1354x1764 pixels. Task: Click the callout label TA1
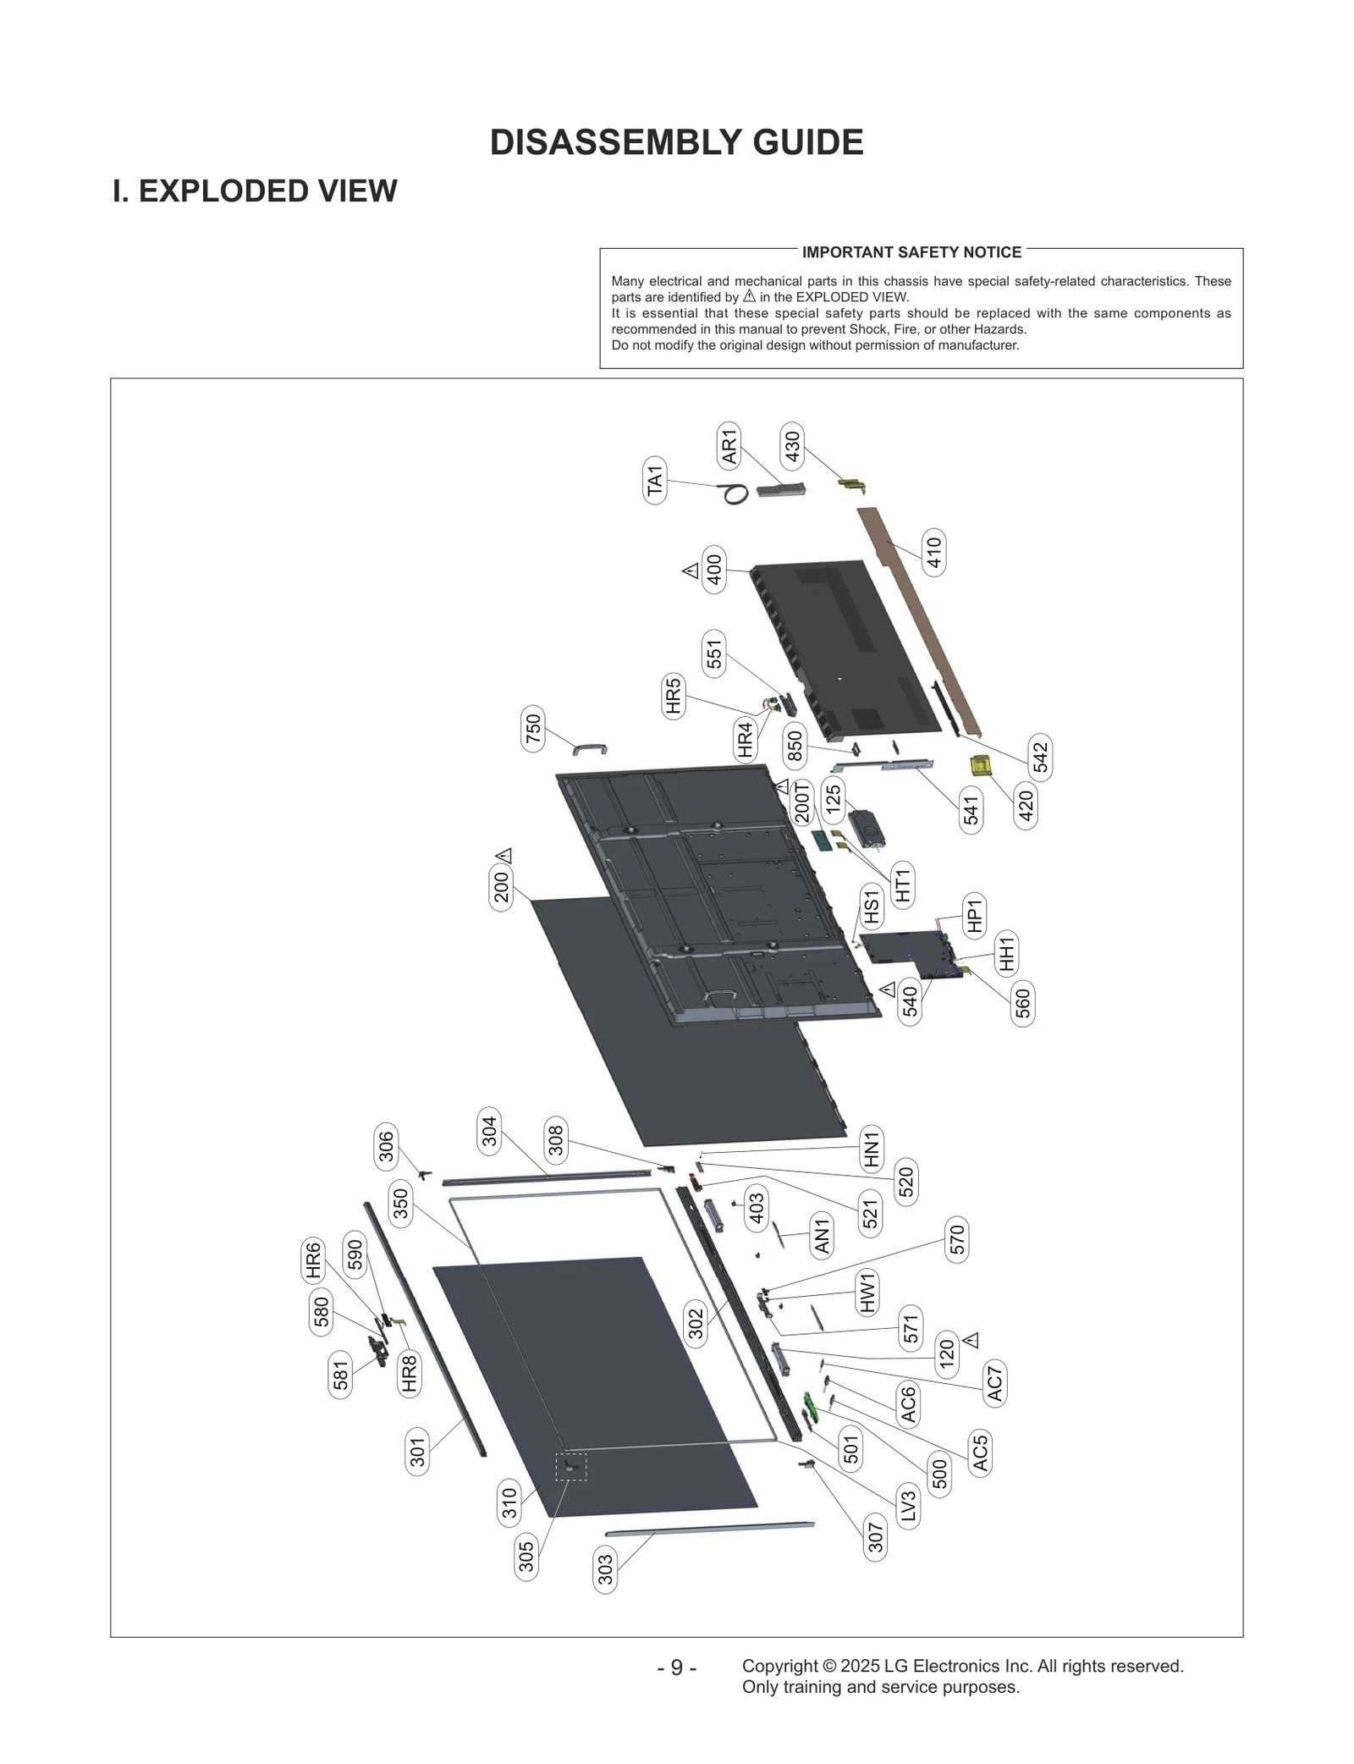[x=655, y=481]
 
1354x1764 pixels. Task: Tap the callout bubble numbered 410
[x=933, y=554]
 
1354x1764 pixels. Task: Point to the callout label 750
[x=533, y=728]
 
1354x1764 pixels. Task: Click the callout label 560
[x=1023, y=1003]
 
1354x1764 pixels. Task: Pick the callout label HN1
[x=871, y=1149]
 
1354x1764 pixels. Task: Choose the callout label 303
[x=605, y=1570]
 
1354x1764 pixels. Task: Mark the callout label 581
[x=340, y=1375]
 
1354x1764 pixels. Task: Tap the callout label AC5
[x=980, y=1453]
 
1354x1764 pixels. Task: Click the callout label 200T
[x=802, y=802]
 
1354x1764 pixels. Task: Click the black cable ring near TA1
[x=735, y=494]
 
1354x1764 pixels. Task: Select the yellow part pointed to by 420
[x=981, y=765]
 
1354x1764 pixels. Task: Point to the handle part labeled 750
[x=590, y=747]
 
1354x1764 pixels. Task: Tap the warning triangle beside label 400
[x=691, y=571]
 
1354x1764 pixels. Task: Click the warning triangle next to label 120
[x=971, y=1340]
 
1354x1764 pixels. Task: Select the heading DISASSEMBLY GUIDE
[x=676, y=142]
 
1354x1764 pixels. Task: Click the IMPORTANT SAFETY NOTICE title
[x=911, y=252]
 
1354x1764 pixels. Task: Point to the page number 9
[x=676, y=1668]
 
